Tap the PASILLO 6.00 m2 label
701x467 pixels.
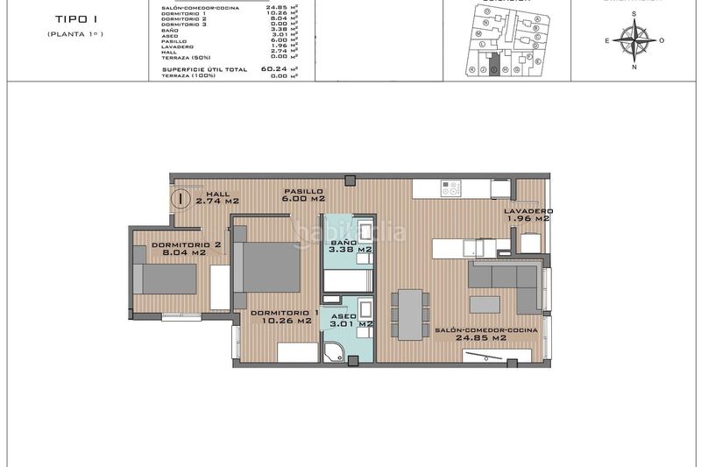pyautogui.click(x=302, y=195)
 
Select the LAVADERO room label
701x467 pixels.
pyautogui.click(x=528, y=215)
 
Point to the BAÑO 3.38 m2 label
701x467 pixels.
pyautogui.click(x=343, y=246)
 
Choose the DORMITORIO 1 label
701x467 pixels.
pyautogui.click(x=283, y=317)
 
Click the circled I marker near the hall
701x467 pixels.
pyautogui.click(x=181, y=199)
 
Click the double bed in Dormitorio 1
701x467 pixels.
pyautogui.click(x=269, y=267)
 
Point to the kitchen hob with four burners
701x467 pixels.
pyautogui.click(x=451, y=188)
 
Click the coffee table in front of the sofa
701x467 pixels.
pyautogui.click(x=485, y=304)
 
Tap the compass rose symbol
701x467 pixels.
pyautogui.click(x=634, y=39)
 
